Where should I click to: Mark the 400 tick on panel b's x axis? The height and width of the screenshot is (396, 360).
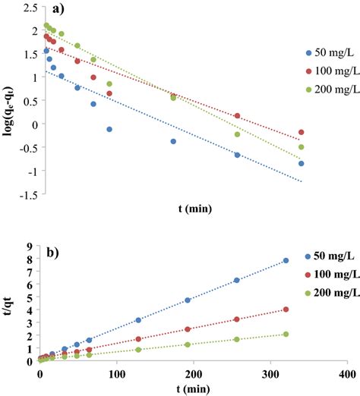tap(346, 375)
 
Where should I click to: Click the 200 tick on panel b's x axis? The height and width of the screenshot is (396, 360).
tap(193, 375)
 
